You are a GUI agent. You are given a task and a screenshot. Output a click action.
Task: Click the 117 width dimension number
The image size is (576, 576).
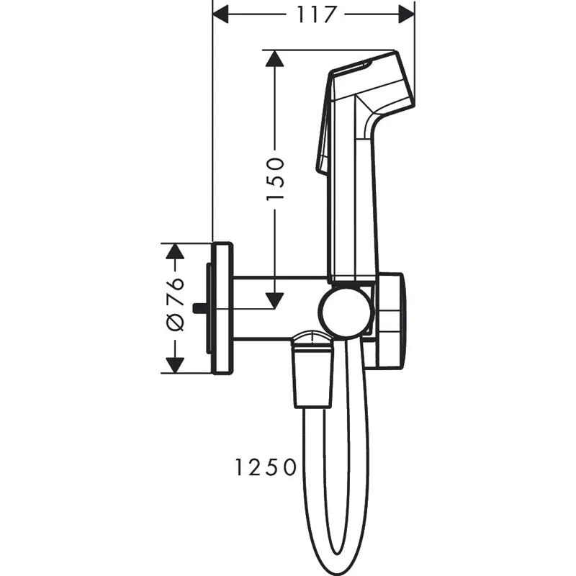[x=314, y=14]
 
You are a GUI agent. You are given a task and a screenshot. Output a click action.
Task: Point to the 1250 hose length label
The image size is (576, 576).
[x=265, y=468]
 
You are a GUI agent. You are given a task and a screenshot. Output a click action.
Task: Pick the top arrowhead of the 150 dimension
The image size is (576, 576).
[x=274, y=58]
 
